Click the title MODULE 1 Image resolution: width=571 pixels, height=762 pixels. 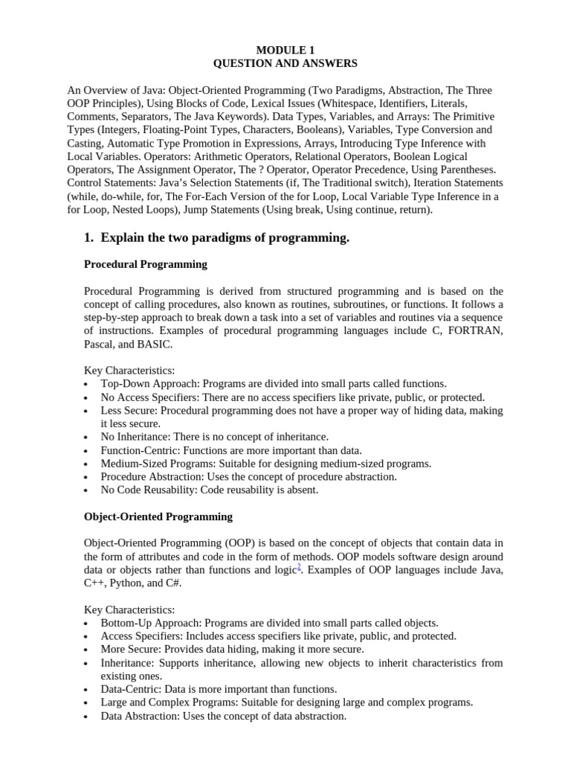285,50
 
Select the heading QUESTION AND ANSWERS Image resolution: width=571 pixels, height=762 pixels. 285,63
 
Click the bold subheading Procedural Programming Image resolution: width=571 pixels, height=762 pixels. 146,264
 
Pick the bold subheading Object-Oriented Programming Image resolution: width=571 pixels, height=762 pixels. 158,516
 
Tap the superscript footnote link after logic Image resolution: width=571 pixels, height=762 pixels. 298,567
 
